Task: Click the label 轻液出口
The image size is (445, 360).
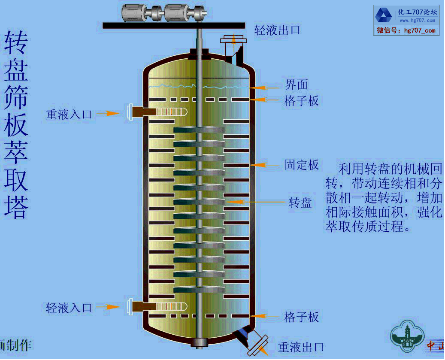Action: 278,30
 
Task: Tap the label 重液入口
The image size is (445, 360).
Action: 69,114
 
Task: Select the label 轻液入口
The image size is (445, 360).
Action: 69,307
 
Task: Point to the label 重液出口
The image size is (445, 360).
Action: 301,347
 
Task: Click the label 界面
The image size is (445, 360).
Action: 297,85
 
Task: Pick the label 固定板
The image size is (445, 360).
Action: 302,165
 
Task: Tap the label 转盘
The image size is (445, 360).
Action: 300,203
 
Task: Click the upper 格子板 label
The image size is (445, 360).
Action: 302,101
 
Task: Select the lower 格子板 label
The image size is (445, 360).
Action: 302,317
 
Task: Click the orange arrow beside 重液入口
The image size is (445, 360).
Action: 108,113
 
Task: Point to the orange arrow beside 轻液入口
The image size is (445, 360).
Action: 108,307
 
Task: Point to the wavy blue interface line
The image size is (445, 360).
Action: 197,87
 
